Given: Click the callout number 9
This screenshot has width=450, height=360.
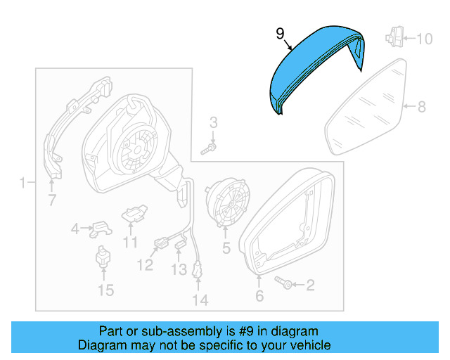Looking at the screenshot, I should tap(280, 33).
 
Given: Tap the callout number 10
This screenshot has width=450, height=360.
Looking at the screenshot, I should tap(425, 38).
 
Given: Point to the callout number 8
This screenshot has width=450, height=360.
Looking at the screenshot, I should tap(422, 108).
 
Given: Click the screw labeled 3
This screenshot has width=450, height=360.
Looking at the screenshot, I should tap(209, 148).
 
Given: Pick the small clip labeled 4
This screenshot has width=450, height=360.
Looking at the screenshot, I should tap(101, 227).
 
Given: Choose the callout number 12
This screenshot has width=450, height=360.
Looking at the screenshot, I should tap(145, 265).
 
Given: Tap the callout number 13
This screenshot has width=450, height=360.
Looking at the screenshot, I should tap(179, 269).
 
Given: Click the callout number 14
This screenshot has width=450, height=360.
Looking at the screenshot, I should tap(200, 301).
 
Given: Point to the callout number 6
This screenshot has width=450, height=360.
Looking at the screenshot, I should tap(259, 297).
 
